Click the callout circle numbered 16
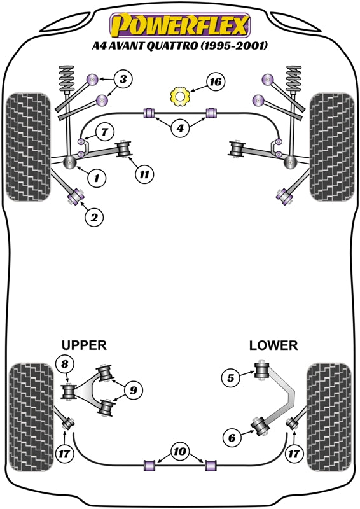(216, 82)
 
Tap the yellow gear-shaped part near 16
(181, 97)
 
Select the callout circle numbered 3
(123, 80)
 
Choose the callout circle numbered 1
(96, 178)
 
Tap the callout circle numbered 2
(93, 218)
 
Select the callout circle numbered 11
(145, 173)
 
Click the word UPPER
(84, 345)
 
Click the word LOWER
(273, 345)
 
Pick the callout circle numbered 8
(64, 365)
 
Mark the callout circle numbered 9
(134, 389)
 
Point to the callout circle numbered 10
(181, 452)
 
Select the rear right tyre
(329, 417)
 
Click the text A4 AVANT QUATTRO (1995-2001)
(180, 46)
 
